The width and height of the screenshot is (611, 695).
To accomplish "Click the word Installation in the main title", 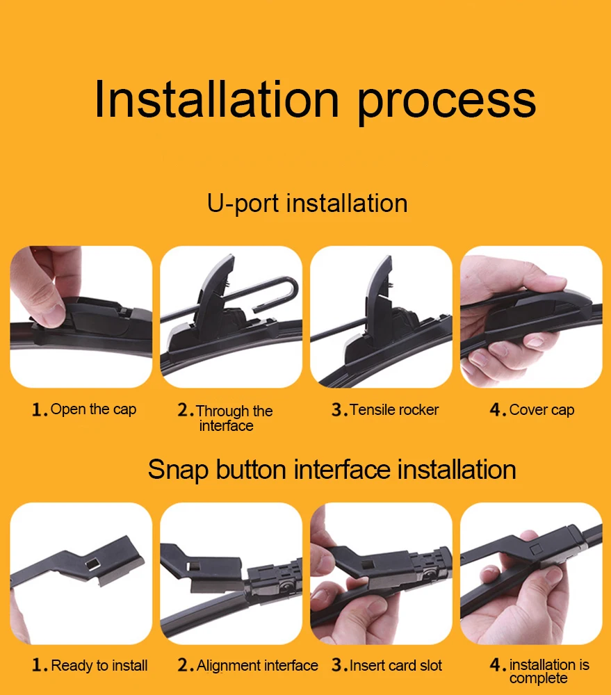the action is (217, 99).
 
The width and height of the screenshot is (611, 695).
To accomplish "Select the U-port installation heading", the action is (307, 204).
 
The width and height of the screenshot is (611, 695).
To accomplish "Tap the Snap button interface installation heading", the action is (332, 470).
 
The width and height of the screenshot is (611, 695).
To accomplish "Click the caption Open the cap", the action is (93, 409).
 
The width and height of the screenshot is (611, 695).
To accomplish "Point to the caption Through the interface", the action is (234, 418).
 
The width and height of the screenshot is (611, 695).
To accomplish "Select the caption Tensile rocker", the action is (393, 409).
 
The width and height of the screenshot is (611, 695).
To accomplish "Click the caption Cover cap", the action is (541, 410).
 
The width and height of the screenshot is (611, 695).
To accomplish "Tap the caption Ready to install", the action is (99, 665).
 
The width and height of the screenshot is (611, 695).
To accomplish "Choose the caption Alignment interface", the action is (256, 665).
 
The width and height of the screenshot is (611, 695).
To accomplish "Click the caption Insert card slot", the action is (396, 665).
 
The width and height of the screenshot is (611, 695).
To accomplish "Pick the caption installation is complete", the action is (549, 671).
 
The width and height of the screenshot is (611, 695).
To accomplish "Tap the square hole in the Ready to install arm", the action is (92, 564).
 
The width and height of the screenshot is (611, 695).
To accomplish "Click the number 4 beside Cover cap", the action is (496, 409).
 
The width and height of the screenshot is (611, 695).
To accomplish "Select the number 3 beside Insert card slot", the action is (336, 665).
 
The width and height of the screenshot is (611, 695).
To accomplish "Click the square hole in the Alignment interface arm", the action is (193, 567).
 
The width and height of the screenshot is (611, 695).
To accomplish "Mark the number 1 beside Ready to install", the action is (37, 665).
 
